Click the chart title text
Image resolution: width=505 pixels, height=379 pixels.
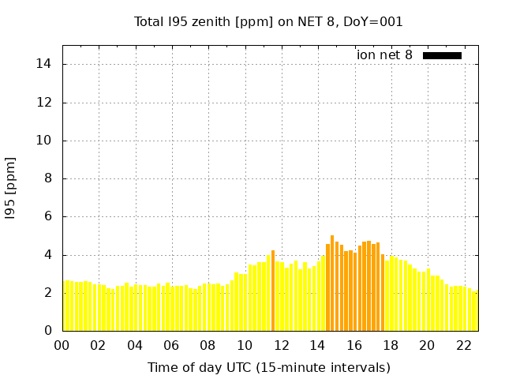[268, 22]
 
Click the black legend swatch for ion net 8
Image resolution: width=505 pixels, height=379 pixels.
[442, 55]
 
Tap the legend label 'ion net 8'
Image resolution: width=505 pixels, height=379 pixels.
[384, 55]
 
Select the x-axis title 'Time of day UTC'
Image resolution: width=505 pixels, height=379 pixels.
[268, 367]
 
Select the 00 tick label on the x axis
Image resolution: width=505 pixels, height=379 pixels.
[62, 346]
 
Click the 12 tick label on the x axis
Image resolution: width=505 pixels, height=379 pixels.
[281, 346]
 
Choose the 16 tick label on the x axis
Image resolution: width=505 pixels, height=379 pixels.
[354, 346]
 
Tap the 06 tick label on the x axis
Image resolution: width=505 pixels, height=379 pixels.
[171, 346]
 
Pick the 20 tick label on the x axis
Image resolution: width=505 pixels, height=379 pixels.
[427, 346]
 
